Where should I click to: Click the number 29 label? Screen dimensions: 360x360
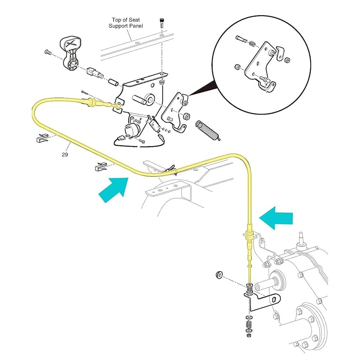pyautogui.click(x=65, y=154)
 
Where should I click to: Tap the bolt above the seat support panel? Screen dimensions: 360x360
pyautogui.click(x=161, y=23)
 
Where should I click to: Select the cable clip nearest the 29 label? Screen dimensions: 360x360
pyautogui.click(x=41, y=138)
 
